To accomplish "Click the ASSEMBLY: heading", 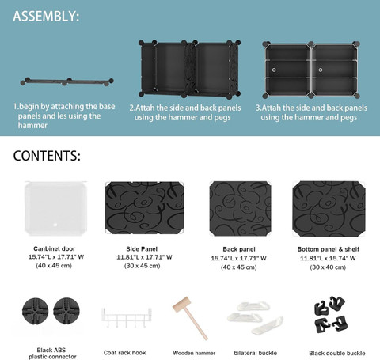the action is (x=46, y=16).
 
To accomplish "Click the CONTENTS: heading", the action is (x=47, y=156).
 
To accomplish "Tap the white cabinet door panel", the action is (x=55, y=208).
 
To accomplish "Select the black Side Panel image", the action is (x=144, y=207).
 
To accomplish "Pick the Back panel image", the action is (x=240, y=208).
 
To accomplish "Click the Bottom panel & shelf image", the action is (x=329, y=209).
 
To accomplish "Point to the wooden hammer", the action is (x=190, y=318).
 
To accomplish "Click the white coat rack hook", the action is (x=127, y=317).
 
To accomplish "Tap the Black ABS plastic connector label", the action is (x=52, y=354).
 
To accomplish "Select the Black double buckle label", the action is (x=337, y=353).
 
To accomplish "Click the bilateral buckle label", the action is (x=256, y=353).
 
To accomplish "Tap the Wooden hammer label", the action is (x=194, y=353).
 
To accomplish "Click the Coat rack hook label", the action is (x=124, y=353).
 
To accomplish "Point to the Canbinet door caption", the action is (x=55, y=248).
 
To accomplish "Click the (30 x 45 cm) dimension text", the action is (x=142, y=266).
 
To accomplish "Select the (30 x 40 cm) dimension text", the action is (x=328, y=267).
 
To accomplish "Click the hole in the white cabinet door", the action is (x=55, y=225).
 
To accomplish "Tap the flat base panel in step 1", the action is (x=67, y=81).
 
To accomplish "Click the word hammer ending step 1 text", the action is (x=32, y=125).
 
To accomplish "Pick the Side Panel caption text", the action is (x=142, y=249).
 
